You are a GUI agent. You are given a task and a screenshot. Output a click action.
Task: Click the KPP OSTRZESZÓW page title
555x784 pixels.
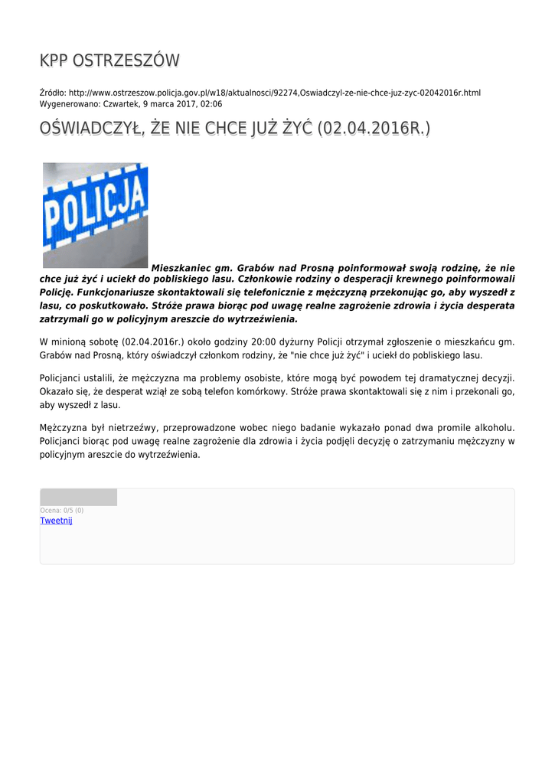pos(109,60)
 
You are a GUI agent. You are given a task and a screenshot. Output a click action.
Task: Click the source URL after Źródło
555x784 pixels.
pos(275,93)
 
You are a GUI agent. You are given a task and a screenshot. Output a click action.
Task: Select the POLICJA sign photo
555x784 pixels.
pos(95,215)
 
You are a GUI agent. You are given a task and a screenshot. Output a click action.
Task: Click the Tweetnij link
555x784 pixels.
pos(56,521)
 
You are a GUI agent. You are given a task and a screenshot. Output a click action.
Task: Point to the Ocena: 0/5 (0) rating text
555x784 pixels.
pos(62,510)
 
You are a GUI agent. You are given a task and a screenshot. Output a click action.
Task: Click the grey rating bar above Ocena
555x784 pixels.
pos(78,498)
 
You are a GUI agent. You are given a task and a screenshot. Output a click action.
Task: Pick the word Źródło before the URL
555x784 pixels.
pos(52,93)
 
